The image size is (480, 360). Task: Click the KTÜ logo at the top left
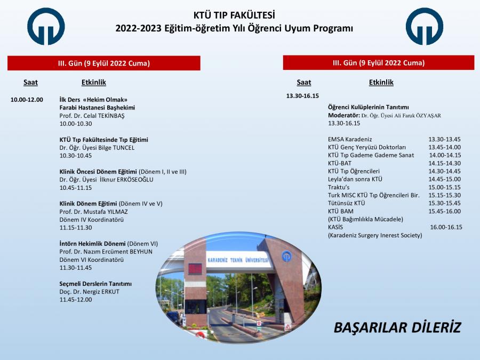46,27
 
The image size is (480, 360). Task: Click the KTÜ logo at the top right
425,27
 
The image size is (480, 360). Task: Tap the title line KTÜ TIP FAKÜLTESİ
234,15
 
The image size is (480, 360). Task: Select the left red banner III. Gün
104,63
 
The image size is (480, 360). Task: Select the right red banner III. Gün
379,63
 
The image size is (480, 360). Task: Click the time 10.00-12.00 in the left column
27,100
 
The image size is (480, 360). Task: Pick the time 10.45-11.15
76,188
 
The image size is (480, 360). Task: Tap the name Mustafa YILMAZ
106,212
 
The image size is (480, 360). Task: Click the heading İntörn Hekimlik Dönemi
92,244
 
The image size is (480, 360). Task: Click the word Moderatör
343,115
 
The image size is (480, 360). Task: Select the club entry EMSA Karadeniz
350,139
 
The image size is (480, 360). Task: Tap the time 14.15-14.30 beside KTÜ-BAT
444,163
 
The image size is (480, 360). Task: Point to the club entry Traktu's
339,187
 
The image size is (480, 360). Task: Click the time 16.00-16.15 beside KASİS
446,227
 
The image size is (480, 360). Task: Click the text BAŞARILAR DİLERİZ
397,327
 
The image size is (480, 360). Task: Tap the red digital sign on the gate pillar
195,268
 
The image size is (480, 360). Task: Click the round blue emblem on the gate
287,256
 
